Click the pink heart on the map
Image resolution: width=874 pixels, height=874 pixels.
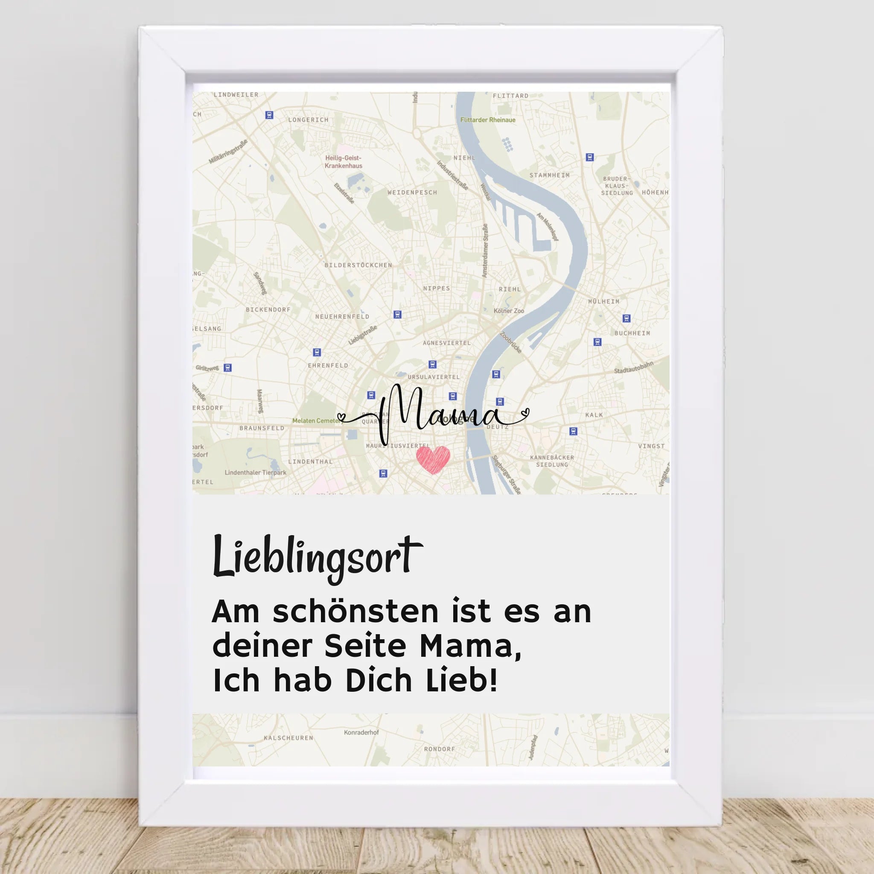[433, 459]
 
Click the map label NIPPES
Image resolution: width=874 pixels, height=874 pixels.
[437, 288]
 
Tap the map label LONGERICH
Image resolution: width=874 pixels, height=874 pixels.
[308, 120]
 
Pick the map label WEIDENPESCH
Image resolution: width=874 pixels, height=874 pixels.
[412, 192]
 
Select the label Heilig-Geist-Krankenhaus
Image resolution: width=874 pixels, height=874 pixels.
[344, 162]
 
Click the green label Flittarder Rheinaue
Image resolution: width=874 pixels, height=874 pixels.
[488, 120]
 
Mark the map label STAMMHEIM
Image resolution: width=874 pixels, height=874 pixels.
[549, 175]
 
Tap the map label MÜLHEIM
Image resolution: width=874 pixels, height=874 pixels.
[603, 301]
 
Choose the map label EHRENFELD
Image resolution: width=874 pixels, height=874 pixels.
[328, 366]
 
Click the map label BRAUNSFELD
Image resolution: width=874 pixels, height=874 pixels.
[262, 428]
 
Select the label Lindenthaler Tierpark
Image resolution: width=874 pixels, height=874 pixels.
[256, 472]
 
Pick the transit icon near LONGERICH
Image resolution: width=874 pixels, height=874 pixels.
[270, 115]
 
